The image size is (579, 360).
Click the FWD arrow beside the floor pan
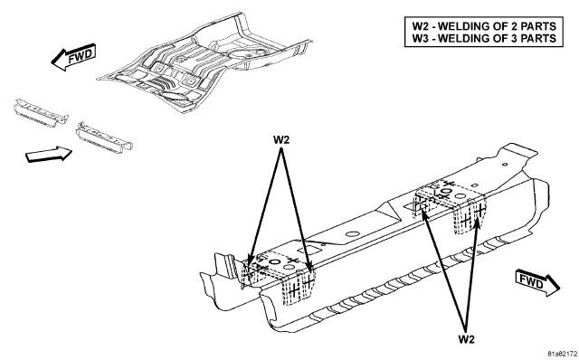tap(73, 57)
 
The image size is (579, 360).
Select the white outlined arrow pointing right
tap(48, 154)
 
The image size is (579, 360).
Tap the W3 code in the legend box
tap(421, 38)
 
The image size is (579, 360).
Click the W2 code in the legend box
tap(421, 26)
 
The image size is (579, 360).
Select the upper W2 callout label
tap(281, 140)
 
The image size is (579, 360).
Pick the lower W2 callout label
tap(466, 339)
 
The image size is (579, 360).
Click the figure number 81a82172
tap(562, 354)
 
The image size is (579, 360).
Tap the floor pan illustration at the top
tap(205, 62)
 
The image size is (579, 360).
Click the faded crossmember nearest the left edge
tap(41, 113)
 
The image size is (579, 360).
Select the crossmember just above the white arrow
tap(104, 137)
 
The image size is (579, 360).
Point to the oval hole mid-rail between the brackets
tap(353, 234)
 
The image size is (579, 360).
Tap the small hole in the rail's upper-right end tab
tap(505, 165)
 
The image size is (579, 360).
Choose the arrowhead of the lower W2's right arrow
tap(478, 223)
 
